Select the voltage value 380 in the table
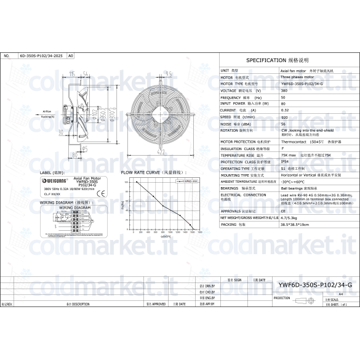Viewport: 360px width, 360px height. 284,90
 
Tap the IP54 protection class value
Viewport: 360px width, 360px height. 285,162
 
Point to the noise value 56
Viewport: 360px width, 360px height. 283,123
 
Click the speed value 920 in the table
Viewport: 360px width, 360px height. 284,116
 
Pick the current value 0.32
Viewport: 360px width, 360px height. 284,110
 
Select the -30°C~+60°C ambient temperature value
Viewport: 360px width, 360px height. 294,182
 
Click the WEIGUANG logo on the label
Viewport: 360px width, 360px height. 53,182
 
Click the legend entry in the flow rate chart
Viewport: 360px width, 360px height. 189,182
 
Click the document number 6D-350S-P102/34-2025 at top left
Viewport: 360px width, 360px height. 41,55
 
